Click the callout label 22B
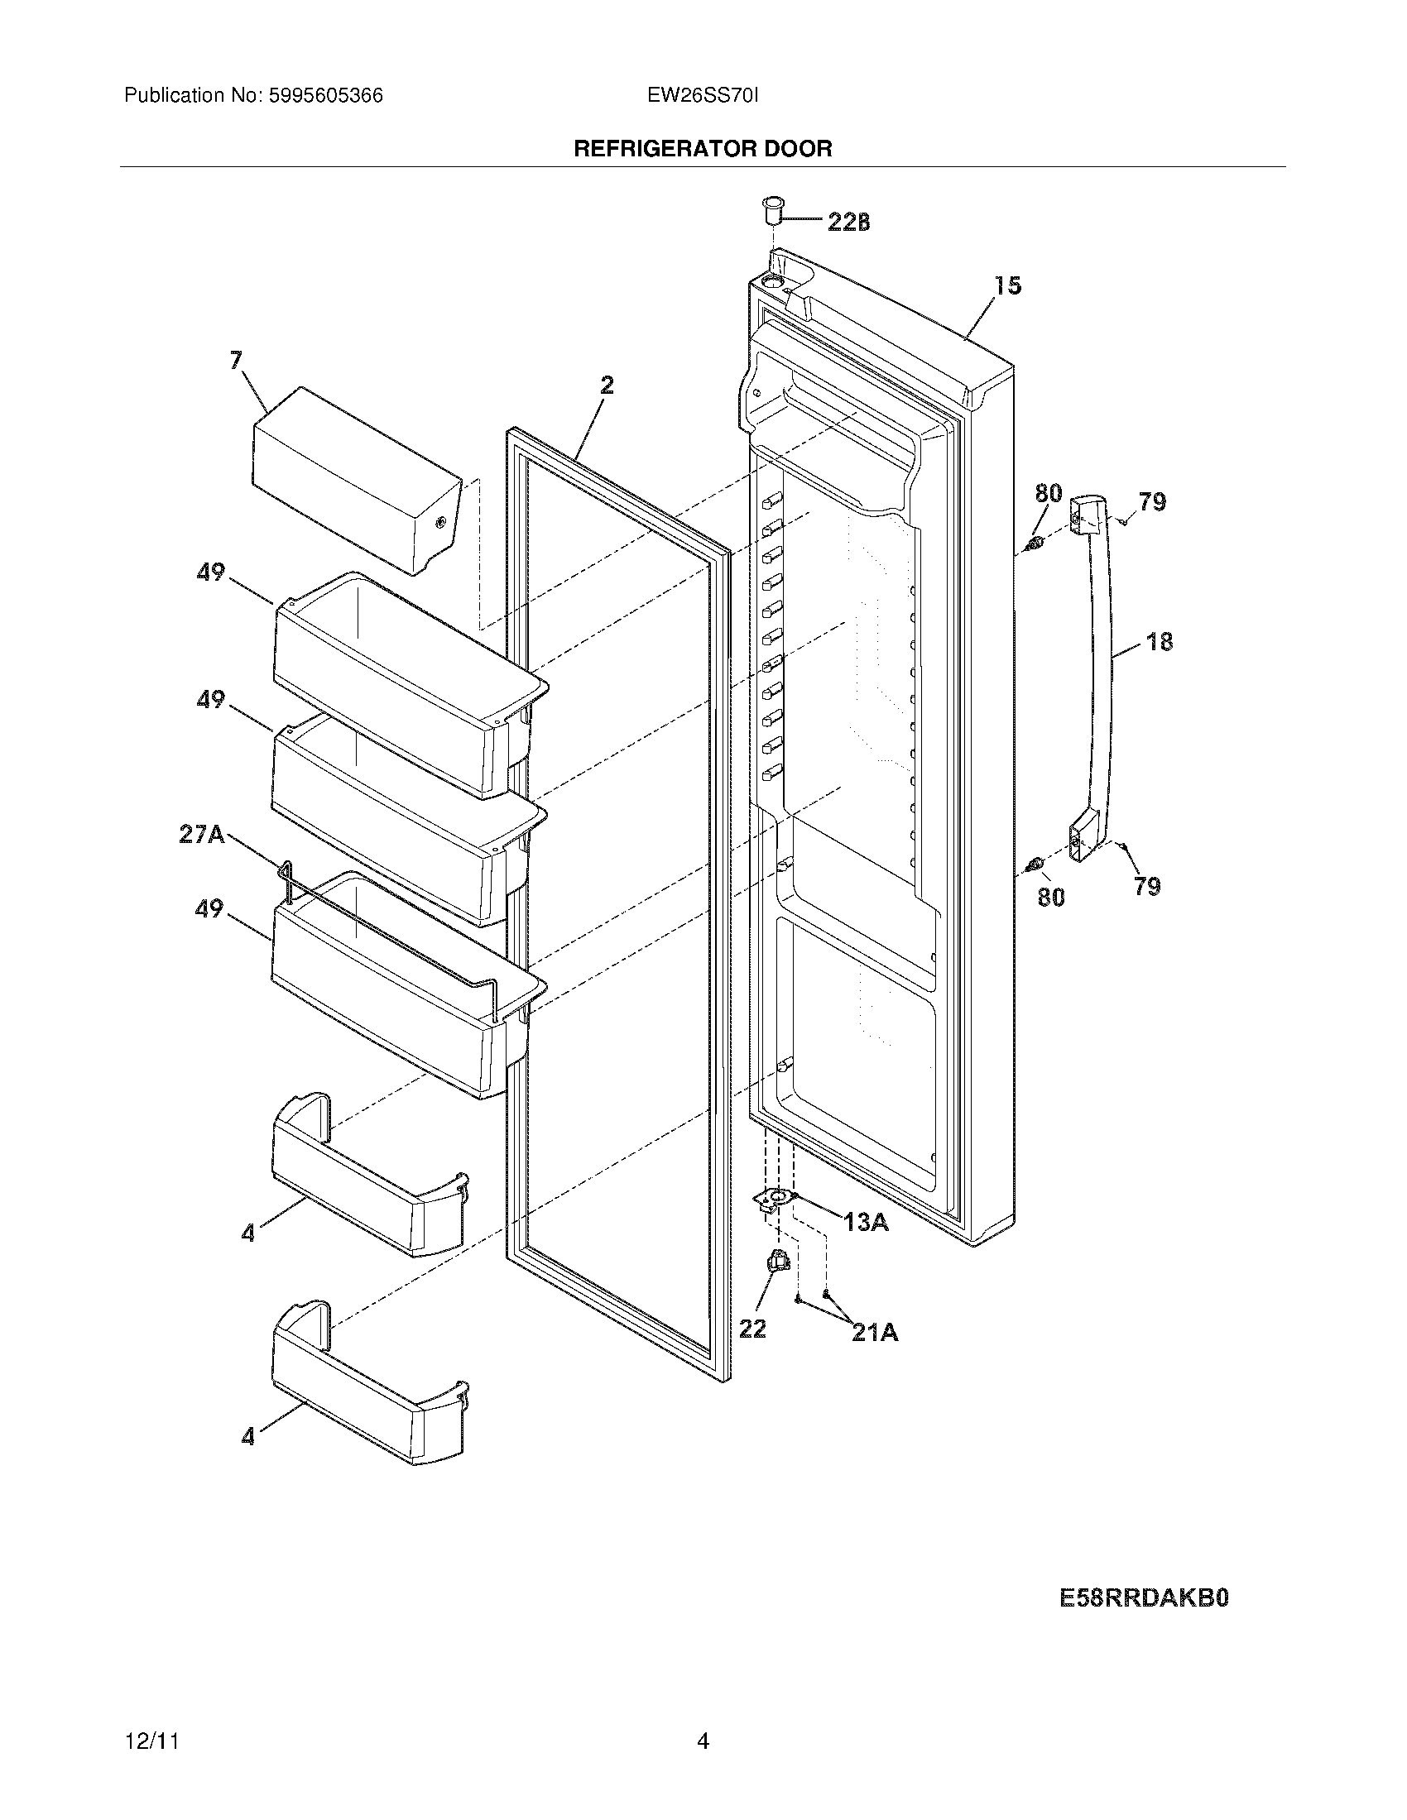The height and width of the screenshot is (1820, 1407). pos(848,222)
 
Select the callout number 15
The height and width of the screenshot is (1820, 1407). pos(1008,286)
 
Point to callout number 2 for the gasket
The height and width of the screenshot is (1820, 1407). pos(607,385)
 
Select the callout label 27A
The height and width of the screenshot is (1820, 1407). pos(202,834)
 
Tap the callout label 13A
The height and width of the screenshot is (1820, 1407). pos(866,1222)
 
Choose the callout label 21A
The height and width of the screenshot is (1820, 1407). pos(874,1333)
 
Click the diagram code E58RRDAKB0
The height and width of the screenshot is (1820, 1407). pos(1144,1597)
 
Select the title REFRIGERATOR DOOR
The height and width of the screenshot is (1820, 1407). pos(703,149)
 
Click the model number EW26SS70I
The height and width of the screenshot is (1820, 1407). pos(703,96)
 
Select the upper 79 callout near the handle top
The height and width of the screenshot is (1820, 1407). pos(1152,501)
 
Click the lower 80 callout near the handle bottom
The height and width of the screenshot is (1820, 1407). pos(1050,897)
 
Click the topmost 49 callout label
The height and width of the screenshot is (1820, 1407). pos(210,572)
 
